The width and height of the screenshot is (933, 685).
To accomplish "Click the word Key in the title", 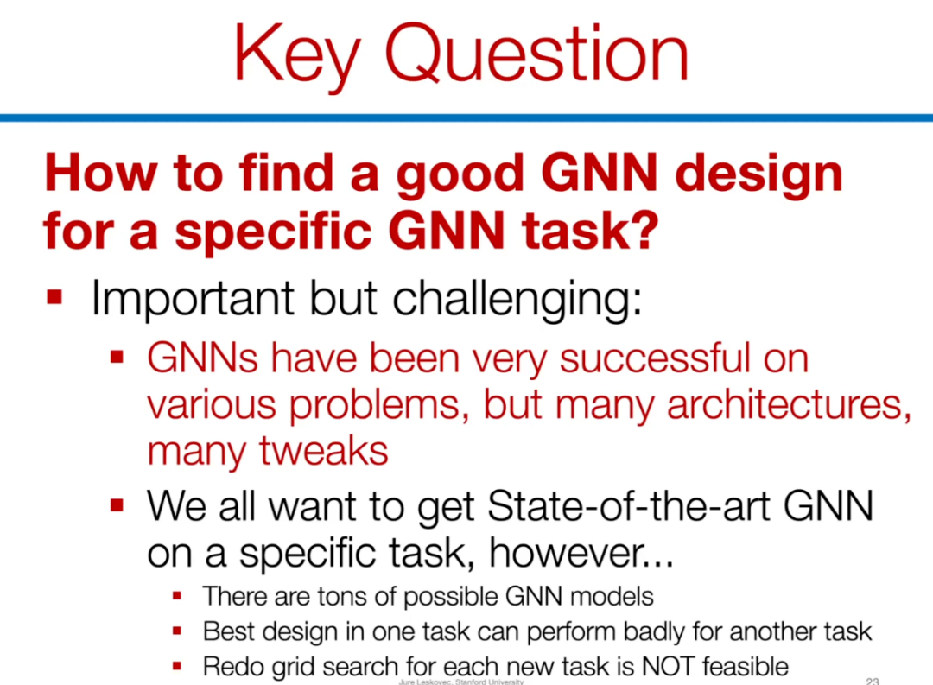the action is point(297,56).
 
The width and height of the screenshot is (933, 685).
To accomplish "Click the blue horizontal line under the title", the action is point(466,117).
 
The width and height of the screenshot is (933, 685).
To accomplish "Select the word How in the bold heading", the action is point(101,173).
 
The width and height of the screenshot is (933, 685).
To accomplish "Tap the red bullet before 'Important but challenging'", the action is point(54,296).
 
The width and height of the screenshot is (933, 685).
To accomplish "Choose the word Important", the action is point(193,300).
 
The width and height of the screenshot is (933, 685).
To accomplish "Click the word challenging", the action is point(517,301).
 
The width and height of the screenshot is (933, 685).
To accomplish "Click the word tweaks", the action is point(324,451).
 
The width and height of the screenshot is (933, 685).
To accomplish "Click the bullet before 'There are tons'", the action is point(177,596).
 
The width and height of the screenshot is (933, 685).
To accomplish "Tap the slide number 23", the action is point(873,681).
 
